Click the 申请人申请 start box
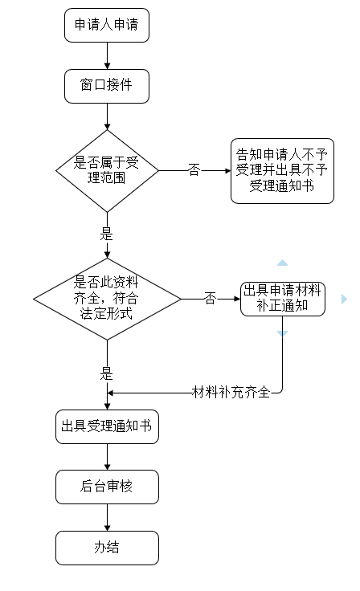coord(106,26)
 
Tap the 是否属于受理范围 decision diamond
coord(107,170)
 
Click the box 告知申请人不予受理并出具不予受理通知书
coord(281,170)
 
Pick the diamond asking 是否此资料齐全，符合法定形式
coord(107,298)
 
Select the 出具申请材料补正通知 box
coord(282,298)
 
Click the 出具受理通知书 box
coord(107,426)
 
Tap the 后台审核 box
coord(107,486)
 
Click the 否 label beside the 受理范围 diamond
coord(194,170)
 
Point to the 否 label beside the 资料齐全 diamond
coord(210,298)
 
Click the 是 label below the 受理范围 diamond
coord(106,235)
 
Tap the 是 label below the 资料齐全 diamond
coord(106,373)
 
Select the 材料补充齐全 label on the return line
coord(231,392)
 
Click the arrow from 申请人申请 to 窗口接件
coord(106,55)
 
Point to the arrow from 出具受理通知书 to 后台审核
coord(107,456)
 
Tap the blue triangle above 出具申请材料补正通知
coord(282,263)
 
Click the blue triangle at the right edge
coord(344,299)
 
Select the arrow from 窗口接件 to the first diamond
coord(106,116)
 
